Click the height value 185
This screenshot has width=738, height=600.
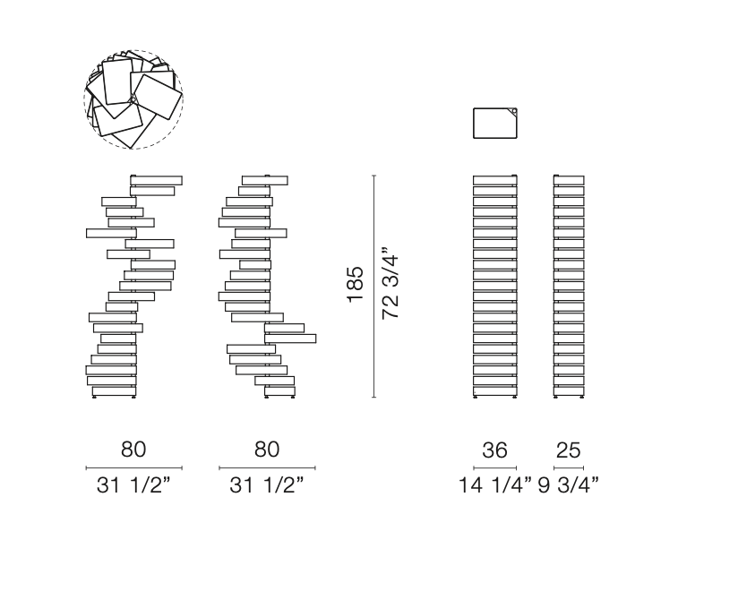click(356, 285)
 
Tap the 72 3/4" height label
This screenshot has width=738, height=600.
click(390, 282)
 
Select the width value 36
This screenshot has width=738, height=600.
click(494, 450)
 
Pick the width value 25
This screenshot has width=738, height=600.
click(568, 450)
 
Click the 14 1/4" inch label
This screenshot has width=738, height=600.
click(495, 484)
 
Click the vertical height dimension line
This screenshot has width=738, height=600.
click(374, 287)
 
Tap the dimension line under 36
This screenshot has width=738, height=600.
click(494, 467)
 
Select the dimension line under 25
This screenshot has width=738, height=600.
click(569, 467)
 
